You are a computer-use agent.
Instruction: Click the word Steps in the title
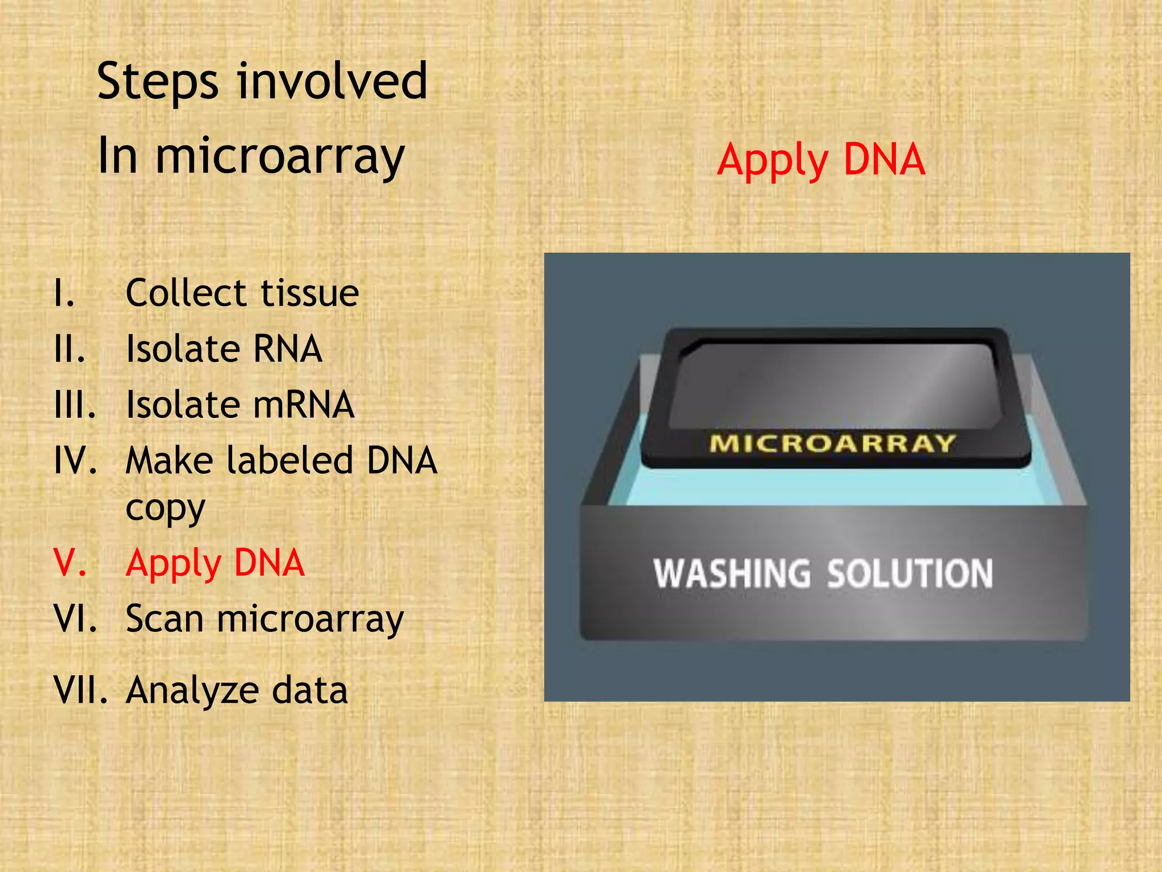pyautogui.click(x=157, y=82)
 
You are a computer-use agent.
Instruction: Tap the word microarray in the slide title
pyautogui.click(x=280, y=157)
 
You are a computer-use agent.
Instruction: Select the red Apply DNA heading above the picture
pyautogui.click(x=820, y=161)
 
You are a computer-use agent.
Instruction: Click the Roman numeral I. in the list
pyautogui.click(x=64, y=294)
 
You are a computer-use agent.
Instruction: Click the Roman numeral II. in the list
pyautogui.click(x=69, y=349)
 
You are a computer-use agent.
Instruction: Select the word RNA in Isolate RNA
pyautogui.click(x=287, y=349)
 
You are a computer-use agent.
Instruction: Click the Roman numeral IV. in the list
pyautogui.click(x=75, y=460)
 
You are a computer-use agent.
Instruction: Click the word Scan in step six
pyautogui.click(x=165, y=619)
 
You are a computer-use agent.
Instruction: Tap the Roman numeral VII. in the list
pyautogui.click(x=81, y=691)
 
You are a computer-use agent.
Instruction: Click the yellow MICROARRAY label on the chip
pyautogui.click(x=832, y=443)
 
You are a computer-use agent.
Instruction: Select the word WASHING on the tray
pyautogui.click(x=732, y=573)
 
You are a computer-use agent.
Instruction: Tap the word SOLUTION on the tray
pyautogui.click(x=910, y=573)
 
